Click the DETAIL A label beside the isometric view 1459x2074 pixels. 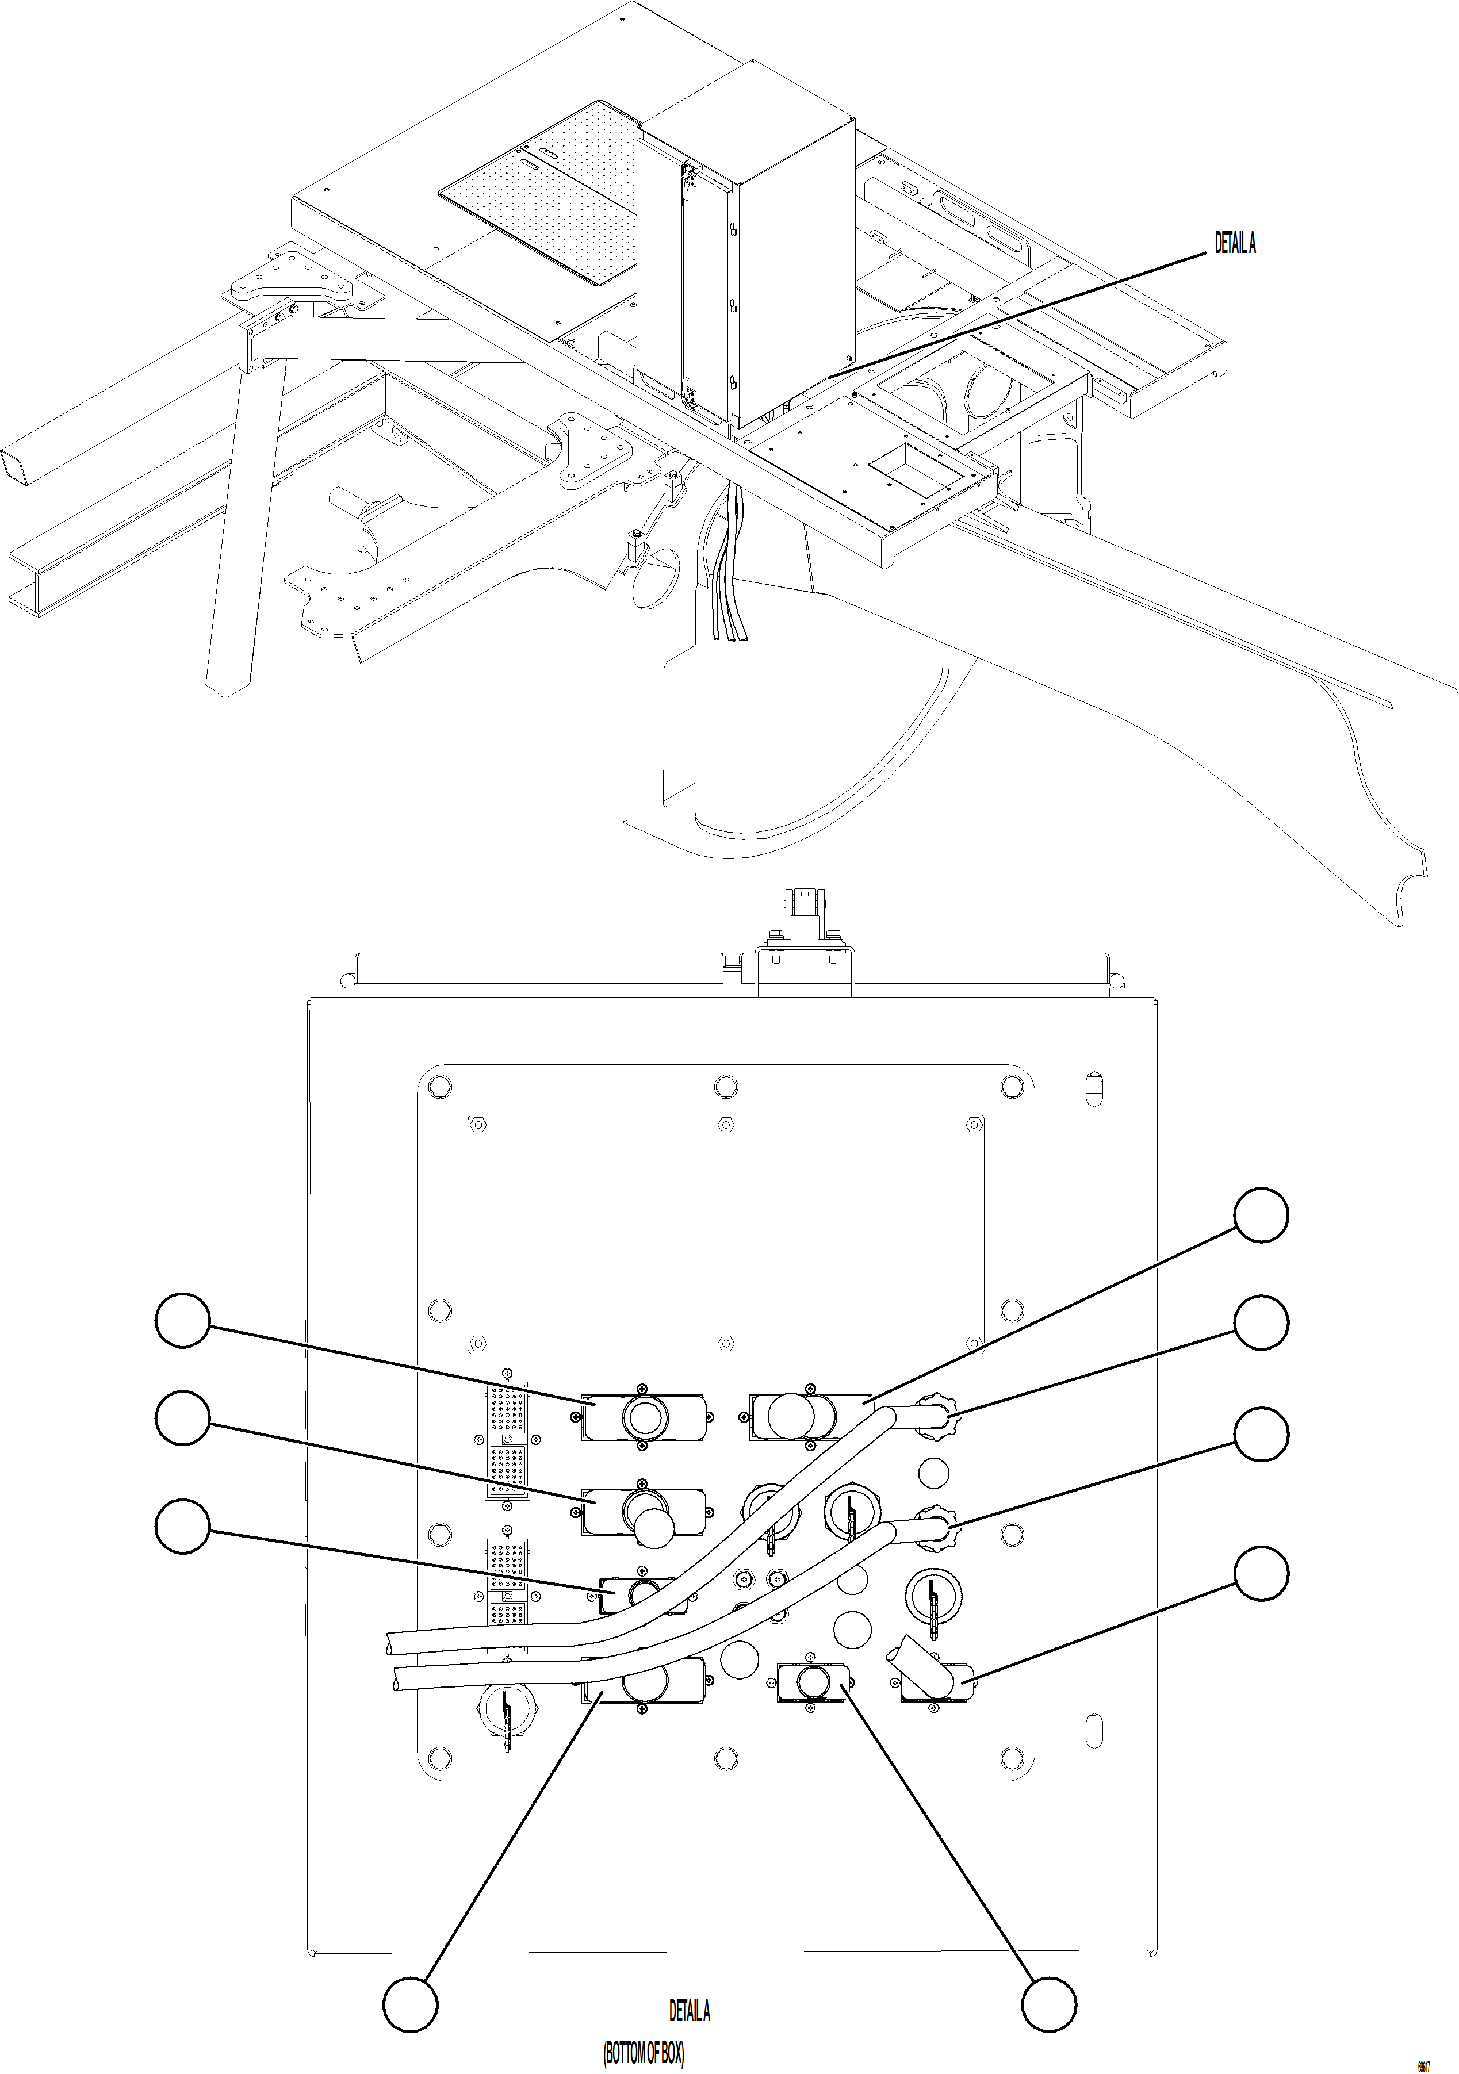click(x=1234, y=243)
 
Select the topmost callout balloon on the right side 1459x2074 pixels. click(x=1261, y=1216)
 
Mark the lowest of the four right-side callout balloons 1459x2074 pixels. click(x=1261, y=1574)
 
